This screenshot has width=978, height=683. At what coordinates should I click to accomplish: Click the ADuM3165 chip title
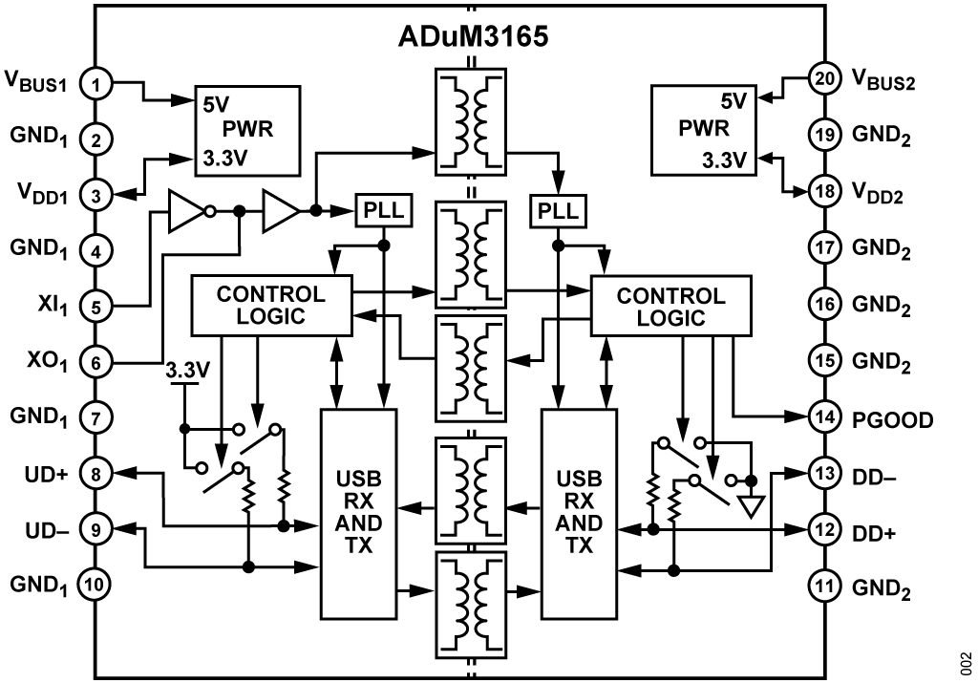click(x=474, y=36)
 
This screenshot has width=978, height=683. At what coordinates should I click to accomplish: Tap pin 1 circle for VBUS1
click(x=96, y=84)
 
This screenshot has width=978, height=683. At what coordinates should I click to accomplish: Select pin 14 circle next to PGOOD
click(x=824, y=416)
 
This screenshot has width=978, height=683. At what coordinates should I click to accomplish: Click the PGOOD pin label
click(x=893, y=420)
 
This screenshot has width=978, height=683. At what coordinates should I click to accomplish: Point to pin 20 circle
click(x=824, y=79)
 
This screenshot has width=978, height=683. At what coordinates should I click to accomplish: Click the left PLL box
click(x=384, y=211)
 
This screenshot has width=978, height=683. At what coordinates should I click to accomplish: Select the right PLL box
click(x=558, y=211)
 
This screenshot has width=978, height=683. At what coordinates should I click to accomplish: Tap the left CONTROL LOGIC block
click(x=271, y=305)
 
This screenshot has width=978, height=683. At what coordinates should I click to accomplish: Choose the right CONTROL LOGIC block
click(x=671, y=306)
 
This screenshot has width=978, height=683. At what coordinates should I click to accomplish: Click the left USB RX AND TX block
click(x=359, y=513)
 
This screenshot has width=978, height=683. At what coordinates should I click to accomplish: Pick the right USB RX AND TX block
click(x=579, y=513)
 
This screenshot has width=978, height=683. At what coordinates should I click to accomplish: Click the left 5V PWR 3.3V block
click(x=247, y=130)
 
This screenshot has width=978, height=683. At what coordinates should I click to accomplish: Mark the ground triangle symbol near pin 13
click(x=752, y=506)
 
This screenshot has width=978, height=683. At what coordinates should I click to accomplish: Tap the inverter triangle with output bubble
click(x=191, y=212)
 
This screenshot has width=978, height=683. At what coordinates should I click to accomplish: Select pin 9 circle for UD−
click(x=96, y=529)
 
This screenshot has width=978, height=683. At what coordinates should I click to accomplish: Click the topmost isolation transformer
click(x=470, y=122)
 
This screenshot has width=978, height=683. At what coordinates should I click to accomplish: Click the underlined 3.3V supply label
click(x=187, y=371)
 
